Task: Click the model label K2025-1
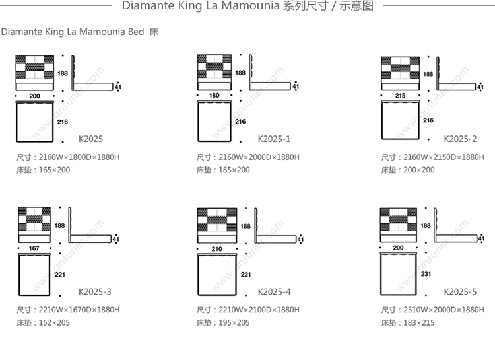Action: [274, 139]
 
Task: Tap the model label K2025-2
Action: [460, 139]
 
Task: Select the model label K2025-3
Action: [95, 291]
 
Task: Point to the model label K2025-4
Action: [274, 291]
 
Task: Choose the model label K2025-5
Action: [460, 291]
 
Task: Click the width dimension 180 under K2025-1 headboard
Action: [214, 96]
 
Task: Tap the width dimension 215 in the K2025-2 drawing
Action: [400, 96]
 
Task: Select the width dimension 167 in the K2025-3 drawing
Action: [35, 249]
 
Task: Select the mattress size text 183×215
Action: [418, 322]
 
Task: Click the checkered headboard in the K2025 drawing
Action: [34, 67]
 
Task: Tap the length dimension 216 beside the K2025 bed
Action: [63, 122]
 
